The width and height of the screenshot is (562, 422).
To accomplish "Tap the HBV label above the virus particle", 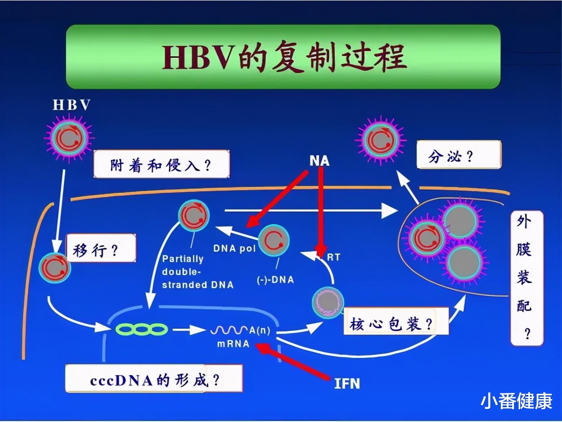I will tap(71, 105).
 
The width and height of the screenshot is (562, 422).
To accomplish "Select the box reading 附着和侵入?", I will tap(161, 165).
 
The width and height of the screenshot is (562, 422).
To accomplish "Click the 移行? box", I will tap(101, 249).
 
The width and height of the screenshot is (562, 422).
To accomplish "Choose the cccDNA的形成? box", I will tap(154, 379).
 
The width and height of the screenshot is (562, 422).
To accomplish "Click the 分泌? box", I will tap(458, 155).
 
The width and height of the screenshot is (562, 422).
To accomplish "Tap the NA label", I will tap(319, 160).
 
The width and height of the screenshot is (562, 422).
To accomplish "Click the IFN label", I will tap(347, 383).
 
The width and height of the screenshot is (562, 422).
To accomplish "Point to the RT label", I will tap(333, 257).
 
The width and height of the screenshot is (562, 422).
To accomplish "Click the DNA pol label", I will tap(234, 248).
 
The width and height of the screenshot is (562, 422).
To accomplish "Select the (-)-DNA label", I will tap(275, 279).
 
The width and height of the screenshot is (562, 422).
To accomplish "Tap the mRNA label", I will tap(233, 344).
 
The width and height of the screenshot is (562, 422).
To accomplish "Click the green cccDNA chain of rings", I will tap(142, 329).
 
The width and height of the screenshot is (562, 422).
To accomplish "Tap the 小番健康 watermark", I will tap(516, 400).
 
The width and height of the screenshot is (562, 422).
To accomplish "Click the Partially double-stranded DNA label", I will tap(197, 272).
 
